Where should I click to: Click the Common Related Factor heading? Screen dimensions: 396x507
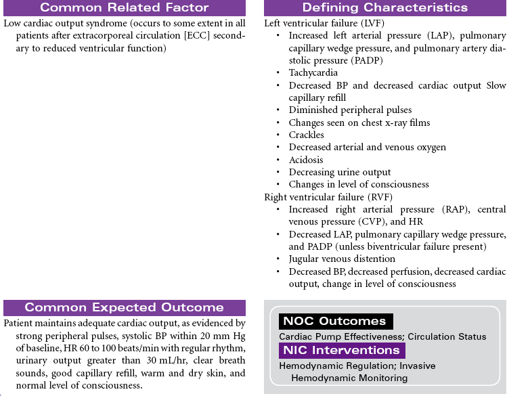coord(124,8)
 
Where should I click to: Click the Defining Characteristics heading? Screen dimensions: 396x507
coord(384,8)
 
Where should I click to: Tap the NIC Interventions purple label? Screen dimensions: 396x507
coord(341,351)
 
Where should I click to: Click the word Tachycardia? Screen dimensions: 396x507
coord(313,72)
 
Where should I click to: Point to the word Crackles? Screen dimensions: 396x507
coord(306,135)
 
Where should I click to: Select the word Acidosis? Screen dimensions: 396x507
coord(306,160)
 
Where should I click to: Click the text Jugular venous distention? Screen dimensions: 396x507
coord(342,259)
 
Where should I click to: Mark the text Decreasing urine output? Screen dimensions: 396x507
coord(340,172)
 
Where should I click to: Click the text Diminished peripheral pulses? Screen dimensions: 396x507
coord(350,110)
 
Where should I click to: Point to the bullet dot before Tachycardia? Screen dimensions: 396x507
coord(280,73)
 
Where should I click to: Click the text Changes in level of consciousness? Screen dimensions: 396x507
coord(359,184)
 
